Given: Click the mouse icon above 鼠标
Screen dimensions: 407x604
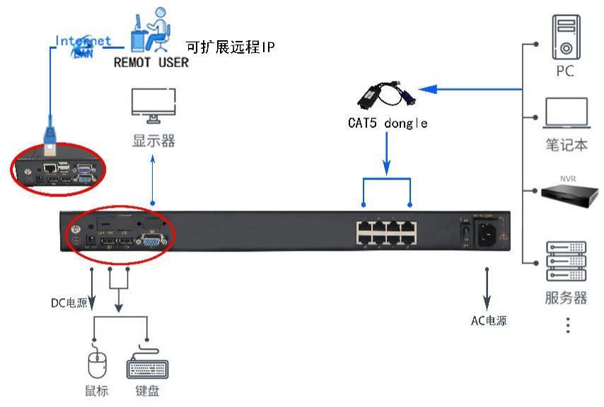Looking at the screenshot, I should click(x=96, y=365).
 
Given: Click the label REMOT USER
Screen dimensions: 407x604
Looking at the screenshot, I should click(x=151, y=62).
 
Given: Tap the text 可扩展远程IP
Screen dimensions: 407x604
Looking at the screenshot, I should click(x=230, y=47).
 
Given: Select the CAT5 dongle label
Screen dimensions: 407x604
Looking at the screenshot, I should click(x=388, y=123).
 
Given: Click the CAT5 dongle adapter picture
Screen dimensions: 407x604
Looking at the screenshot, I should click(x=386, y=96).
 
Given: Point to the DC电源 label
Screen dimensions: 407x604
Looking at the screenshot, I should click(x=69, y=303).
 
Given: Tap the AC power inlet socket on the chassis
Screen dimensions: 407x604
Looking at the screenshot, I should click(x=488, y=232).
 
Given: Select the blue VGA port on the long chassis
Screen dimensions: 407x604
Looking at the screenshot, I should click(x=151, y=241).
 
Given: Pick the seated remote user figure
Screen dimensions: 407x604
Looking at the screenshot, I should click(x=152, y=30).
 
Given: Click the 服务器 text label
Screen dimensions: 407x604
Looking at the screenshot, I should click(x=566, y=297).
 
